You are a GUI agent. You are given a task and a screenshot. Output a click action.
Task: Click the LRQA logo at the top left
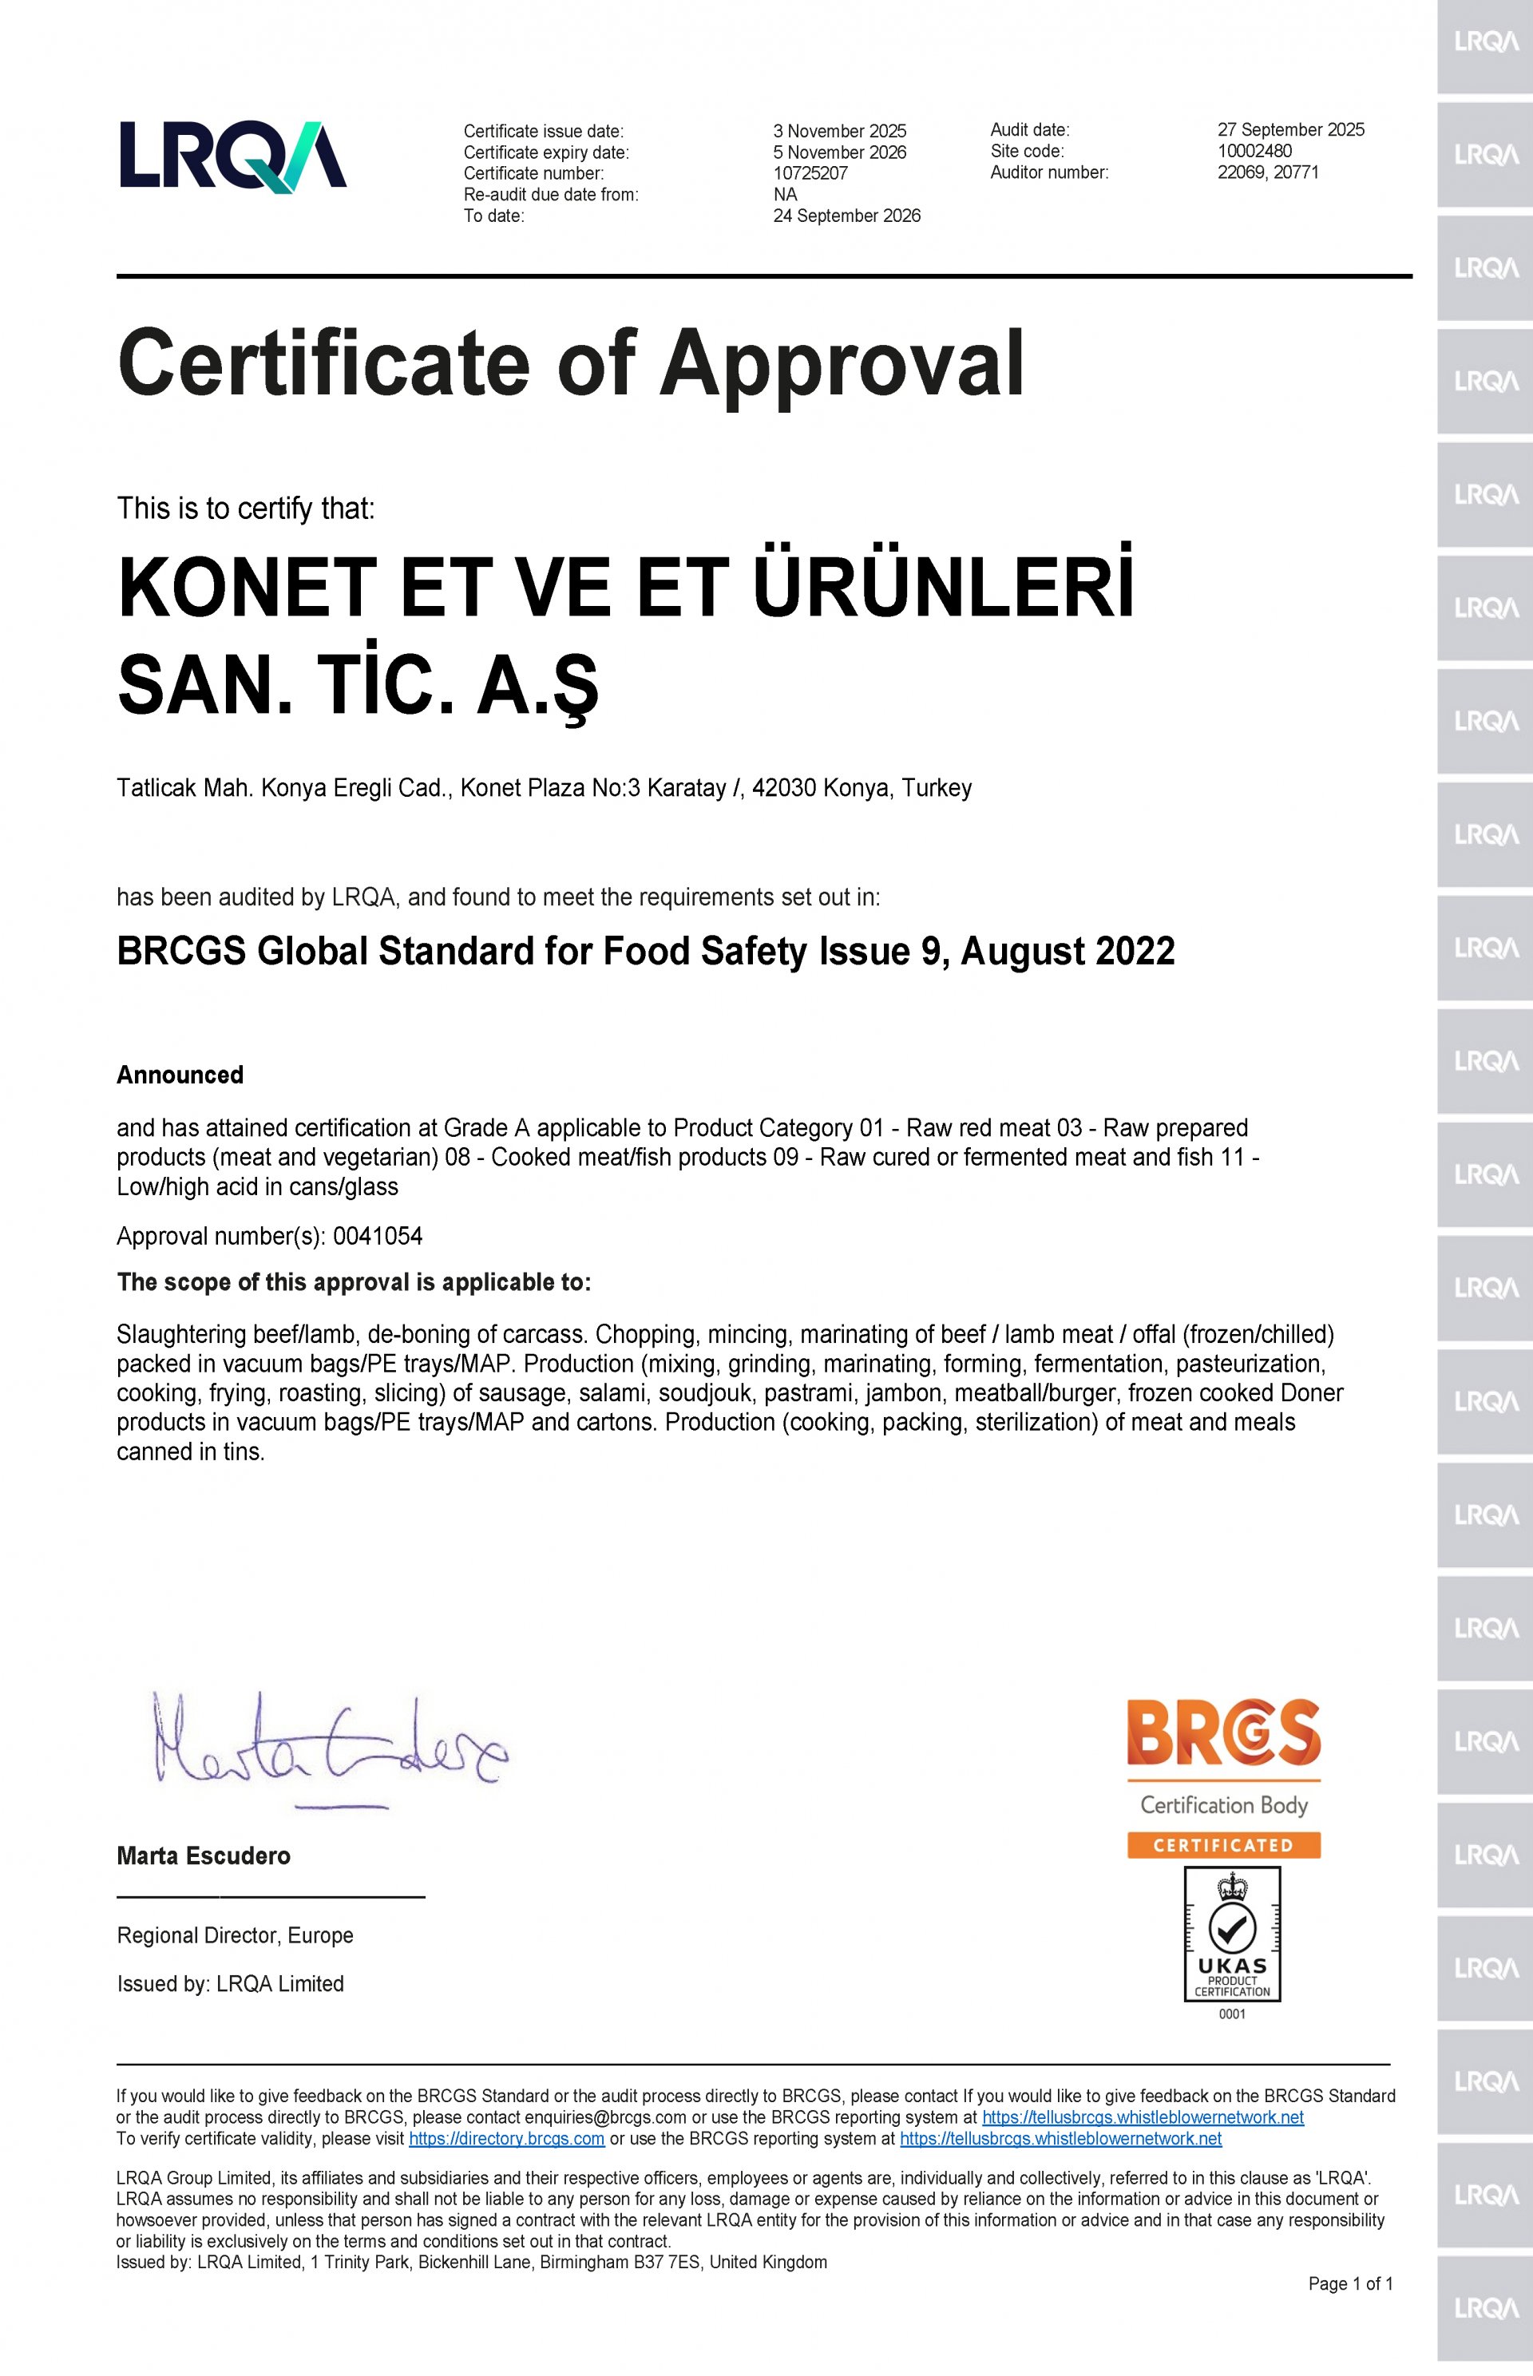233,155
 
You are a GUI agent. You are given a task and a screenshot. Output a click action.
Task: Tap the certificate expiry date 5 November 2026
839,152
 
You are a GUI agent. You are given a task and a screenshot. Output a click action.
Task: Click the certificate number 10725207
810,173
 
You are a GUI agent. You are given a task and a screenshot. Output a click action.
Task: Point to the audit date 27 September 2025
1290,129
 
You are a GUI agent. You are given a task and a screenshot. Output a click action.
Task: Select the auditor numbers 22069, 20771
1267,172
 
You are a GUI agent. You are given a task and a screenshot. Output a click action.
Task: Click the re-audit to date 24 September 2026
846,216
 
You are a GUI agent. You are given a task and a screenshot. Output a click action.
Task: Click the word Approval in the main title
842,363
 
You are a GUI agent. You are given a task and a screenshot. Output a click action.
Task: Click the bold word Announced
180,1075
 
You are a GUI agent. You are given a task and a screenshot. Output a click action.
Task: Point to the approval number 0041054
378,1236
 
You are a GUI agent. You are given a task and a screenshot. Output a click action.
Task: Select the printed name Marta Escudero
203,1855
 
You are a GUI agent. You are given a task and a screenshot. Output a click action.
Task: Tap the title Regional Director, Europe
235,1935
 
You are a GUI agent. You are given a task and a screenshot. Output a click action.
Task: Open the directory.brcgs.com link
507,2138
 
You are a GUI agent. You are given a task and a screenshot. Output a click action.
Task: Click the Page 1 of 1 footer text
1350,2284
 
